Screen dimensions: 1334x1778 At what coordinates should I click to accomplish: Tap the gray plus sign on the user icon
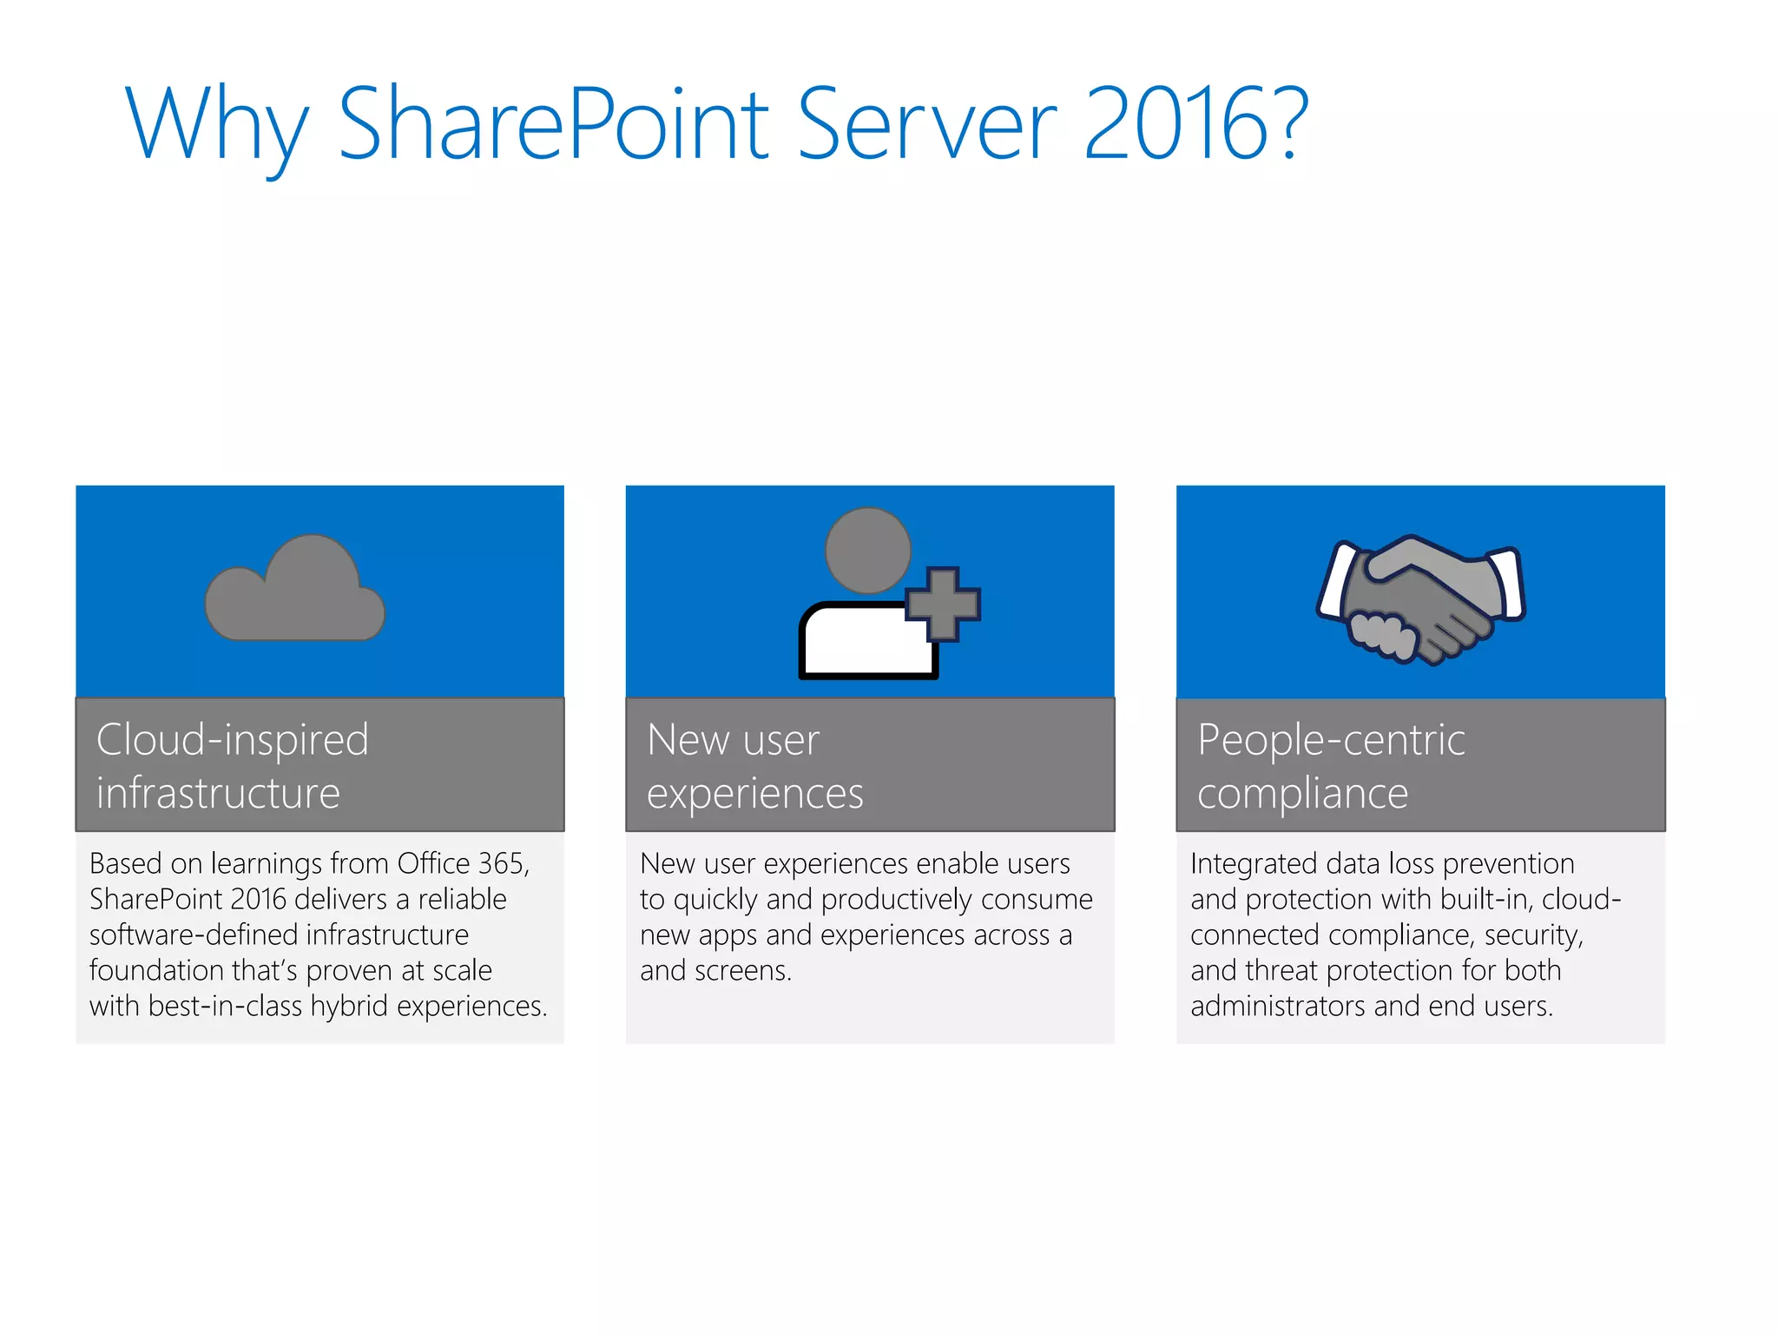pyautogui.click(x=943, y=604)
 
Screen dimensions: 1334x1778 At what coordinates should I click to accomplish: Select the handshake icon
pyautogui.click(x=1420, y=600)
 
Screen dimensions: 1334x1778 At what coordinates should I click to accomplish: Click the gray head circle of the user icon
pyautogui.click(x=867, y=551)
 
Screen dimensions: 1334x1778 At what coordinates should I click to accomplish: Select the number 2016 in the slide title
pyautogui.click(x=1176, y=123)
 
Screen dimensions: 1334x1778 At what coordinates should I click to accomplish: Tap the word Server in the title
pyautogui.click(x=926, y=123)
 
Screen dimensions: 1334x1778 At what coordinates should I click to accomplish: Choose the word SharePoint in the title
pyautogui.click(x=553, y=123)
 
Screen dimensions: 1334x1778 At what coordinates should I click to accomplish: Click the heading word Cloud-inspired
pyautogui.click(x=233, y=740)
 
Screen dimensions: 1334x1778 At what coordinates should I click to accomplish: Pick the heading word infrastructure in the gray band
pyautogui.click(x=218, y=794)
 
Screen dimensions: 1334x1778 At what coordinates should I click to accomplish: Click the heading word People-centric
pyautogui.click(x=1331, y=740)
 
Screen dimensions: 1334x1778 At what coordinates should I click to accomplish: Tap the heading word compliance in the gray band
pyautogui.click(x=1302, y=794)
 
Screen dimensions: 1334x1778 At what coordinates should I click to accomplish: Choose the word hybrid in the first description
pyautogui.click(x=349, y=1007)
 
